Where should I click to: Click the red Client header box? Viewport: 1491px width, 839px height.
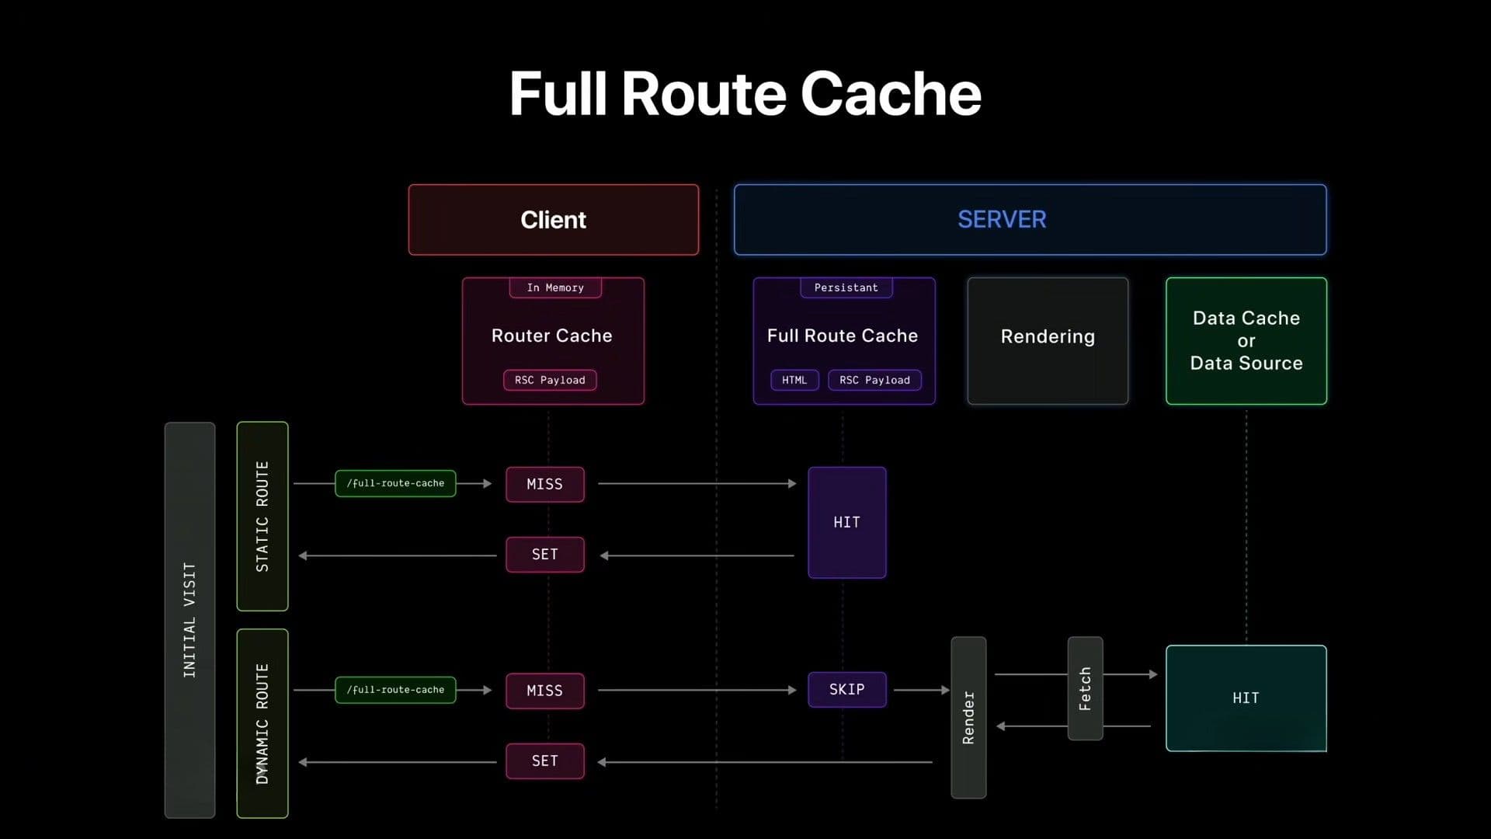coord(553,220)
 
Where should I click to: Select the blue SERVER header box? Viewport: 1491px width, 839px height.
coord(1030,220)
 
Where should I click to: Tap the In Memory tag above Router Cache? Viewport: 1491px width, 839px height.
coord(555,287)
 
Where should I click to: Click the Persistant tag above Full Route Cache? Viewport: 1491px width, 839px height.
coord(846,287)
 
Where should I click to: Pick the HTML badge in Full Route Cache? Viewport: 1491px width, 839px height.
coord(794,380)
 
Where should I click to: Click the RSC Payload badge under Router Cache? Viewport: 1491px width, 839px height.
coord(550,380)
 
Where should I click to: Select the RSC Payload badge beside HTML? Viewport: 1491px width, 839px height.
coord(874,380)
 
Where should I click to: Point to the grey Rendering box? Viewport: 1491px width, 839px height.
coord(1048,340)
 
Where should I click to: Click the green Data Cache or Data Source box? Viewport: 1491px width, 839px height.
coord(1246,340)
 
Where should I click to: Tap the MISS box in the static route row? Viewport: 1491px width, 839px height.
coord(544,484)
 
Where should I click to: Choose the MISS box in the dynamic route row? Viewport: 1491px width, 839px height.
coord(544,691)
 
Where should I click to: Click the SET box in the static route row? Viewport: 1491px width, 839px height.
coord(544,554)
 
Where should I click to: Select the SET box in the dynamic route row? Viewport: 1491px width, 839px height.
coord(544,761)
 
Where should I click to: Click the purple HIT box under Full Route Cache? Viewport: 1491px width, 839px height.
coord(846,522)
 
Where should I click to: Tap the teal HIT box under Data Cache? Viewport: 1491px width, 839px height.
coord(1246,698)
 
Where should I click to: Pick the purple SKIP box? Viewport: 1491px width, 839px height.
coord(846,689)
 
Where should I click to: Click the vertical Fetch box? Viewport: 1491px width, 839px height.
coord(1085,688)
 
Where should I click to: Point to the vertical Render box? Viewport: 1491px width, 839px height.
coord(968,717)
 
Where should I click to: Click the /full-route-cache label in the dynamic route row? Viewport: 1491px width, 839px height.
coord(395,690)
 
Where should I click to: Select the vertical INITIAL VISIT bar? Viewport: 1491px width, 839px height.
coord(189,619)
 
